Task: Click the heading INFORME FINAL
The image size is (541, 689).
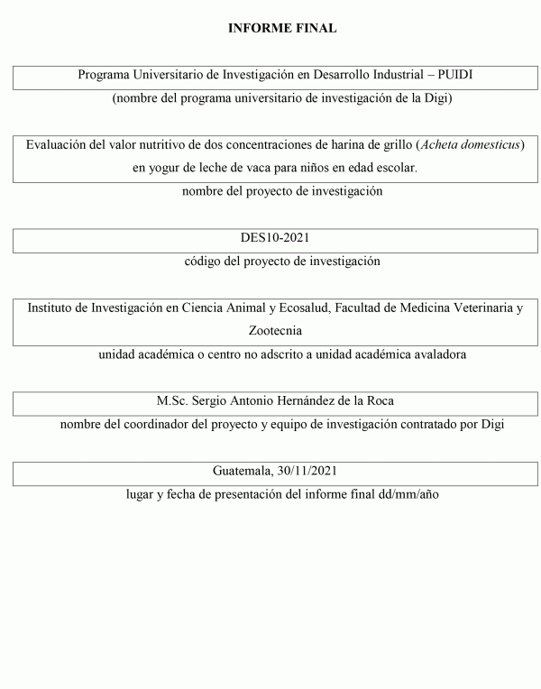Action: click(282, 29)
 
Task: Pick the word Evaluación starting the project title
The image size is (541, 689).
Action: click(58, 144)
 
